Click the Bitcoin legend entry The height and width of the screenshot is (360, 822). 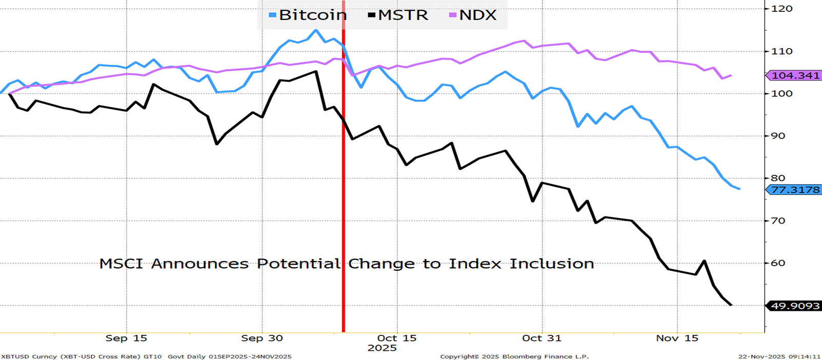click(308, 15)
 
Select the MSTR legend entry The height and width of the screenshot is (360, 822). click(398, 15)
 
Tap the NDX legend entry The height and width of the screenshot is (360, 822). click(473, 15)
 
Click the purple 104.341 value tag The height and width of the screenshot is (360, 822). click(795, 75)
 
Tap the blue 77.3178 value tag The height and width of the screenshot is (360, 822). click(795, 190)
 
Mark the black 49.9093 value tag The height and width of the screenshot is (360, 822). click(795, 306)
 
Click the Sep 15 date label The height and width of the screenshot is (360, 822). click(126, 338)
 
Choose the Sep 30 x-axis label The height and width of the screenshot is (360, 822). click(262, 338)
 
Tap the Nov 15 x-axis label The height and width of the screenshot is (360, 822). click(677, 338)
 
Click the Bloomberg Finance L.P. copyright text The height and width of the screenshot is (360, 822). click(514, 356)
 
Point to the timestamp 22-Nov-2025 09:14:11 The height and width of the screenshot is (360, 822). click(779, 356)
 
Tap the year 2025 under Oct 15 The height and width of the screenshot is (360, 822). click(382, 348)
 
